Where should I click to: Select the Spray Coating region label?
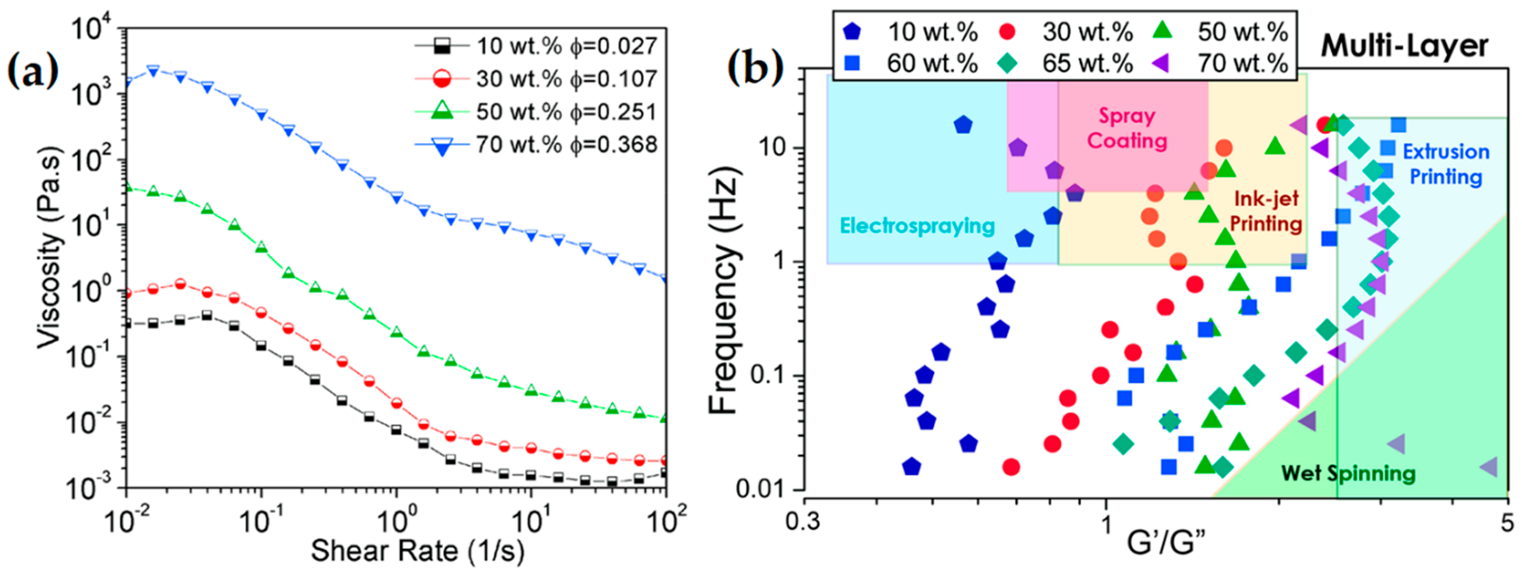pyautogui.click(x=1127, y=128)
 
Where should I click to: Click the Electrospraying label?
pyautogui.click(x=917, y=226)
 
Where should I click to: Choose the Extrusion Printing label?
pyautogui.click(x=1446, y=164)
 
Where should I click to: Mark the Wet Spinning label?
pyautogui.click(x=1348, y=473)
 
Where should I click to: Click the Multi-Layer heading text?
pyautogui.click(x=1405, y=46)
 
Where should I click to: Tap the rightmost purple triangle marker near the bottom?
pyautogui.click(x=1488, y=467)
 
